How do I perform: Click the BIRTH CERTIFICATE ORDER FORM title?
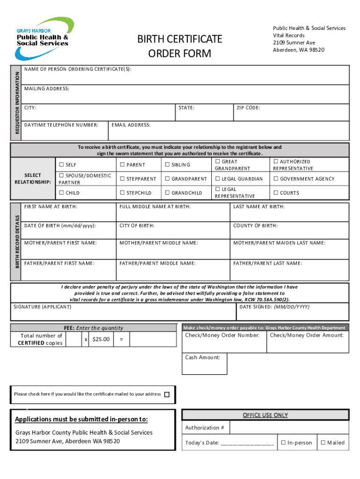pyautogui.click(x=180, y=46)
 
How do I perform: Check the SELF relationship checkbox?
pyautogui.click(x=61, y=165)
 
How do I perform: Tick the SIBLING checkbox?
pyautogui.click(x=167, y=165)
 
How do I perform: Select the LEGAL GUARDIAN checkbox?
pyautogui.click(x=217, y=179)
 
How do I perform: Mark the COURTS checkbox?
pyautogui.click(x=276, y=193)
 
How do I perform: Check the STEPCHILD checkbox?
pyautogui.click(x=122, y=193)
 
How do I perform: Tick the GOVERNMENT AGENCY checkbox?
pyautogui.click(x=276, y=179)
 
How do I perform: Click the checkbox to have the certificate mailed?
pyautogui.click(x=167, y=394)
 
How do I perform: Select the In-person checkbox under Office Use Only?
pyautogui.click(x=283, y=443)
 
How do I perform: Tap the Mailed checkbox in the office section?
pyautogui.click(x=323, y=443)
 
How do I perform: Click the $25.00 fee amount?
pyautogui.click(x=101, y=339)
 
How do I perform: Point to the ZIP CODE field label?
pyautogui.click(x=248, y=108)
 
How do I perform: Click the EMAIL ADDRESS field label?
pyautogui.click(x=131, y=125)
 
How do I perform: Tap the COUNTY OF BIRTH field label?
pyautogui.click(x=255, y=225)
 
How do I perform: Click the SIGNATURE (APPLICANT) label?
pyautogui.click(x=43, y=307)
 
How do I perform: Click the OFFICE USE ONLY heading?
pyautogui.click(x=265, y=415)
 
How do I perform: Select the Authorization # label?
pyautogui.click(x=205, y=428)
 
